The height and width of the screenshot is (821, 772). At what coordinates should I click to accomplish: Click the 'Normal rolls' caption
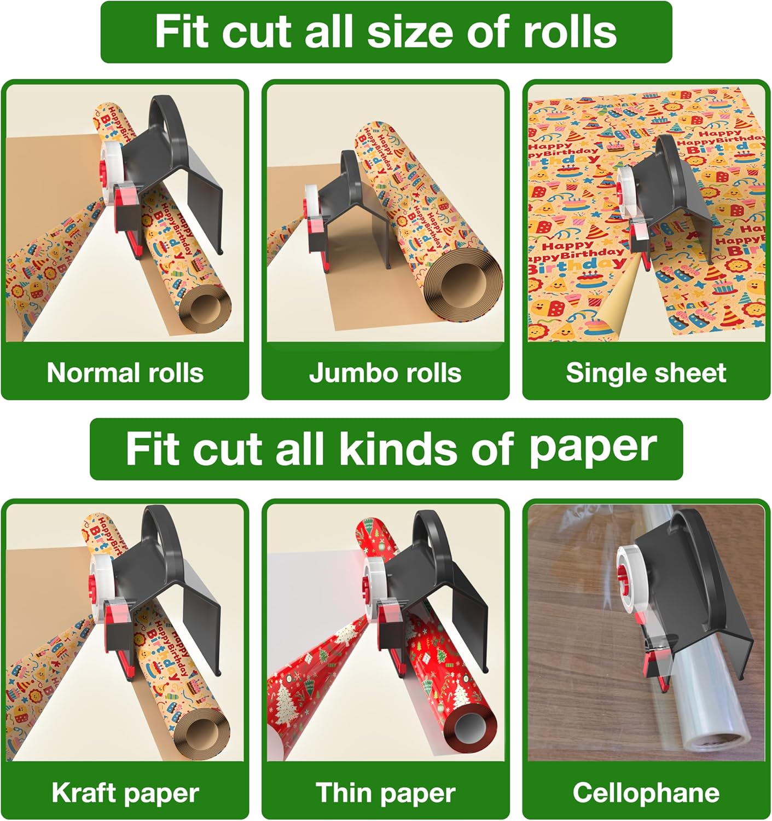click(x=125, y=373)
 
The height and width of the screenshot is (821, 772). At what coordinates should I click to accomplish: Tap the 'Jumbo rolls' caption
click(x=385, y=373)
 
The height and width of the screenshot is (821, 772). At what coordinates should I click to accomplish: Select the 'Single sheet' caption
click(x=646, y=373)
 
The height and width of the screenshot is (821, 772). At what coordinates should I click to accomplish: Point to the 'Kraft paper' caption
click(x=125, y=793)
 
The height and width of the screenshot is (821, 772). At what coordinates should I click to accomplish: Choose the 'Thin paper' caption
click(x=385, y=793)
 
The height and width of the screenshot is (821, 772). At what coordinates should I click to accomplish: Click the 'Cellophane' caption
click(x=646, y=793)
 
